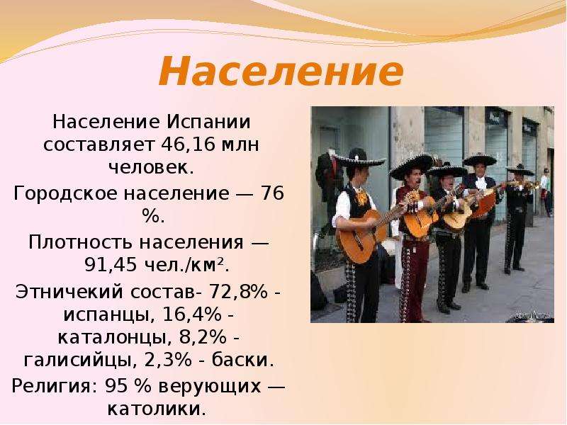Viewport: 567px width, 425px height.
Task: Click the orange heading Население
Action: pos(281,70)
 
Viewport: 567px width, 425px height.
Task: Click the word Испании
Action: pos(208,122)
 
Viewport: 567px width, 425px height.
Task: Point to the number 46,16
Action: pos(188,145)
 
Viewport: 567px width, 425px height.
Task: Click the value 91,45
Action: pos(111,266)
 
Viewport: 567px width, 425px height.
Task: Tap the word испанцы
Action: pos(107,314)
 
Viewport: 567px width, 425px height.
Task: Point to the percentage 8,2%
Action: pos(203,337)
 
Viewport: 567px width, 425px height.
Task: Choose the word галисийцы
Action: pos(81,361)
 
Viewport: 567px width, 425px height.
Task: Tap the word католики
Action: pos(154,409)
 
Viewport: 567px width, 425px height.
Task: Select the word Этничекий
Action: pos(69,292)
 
